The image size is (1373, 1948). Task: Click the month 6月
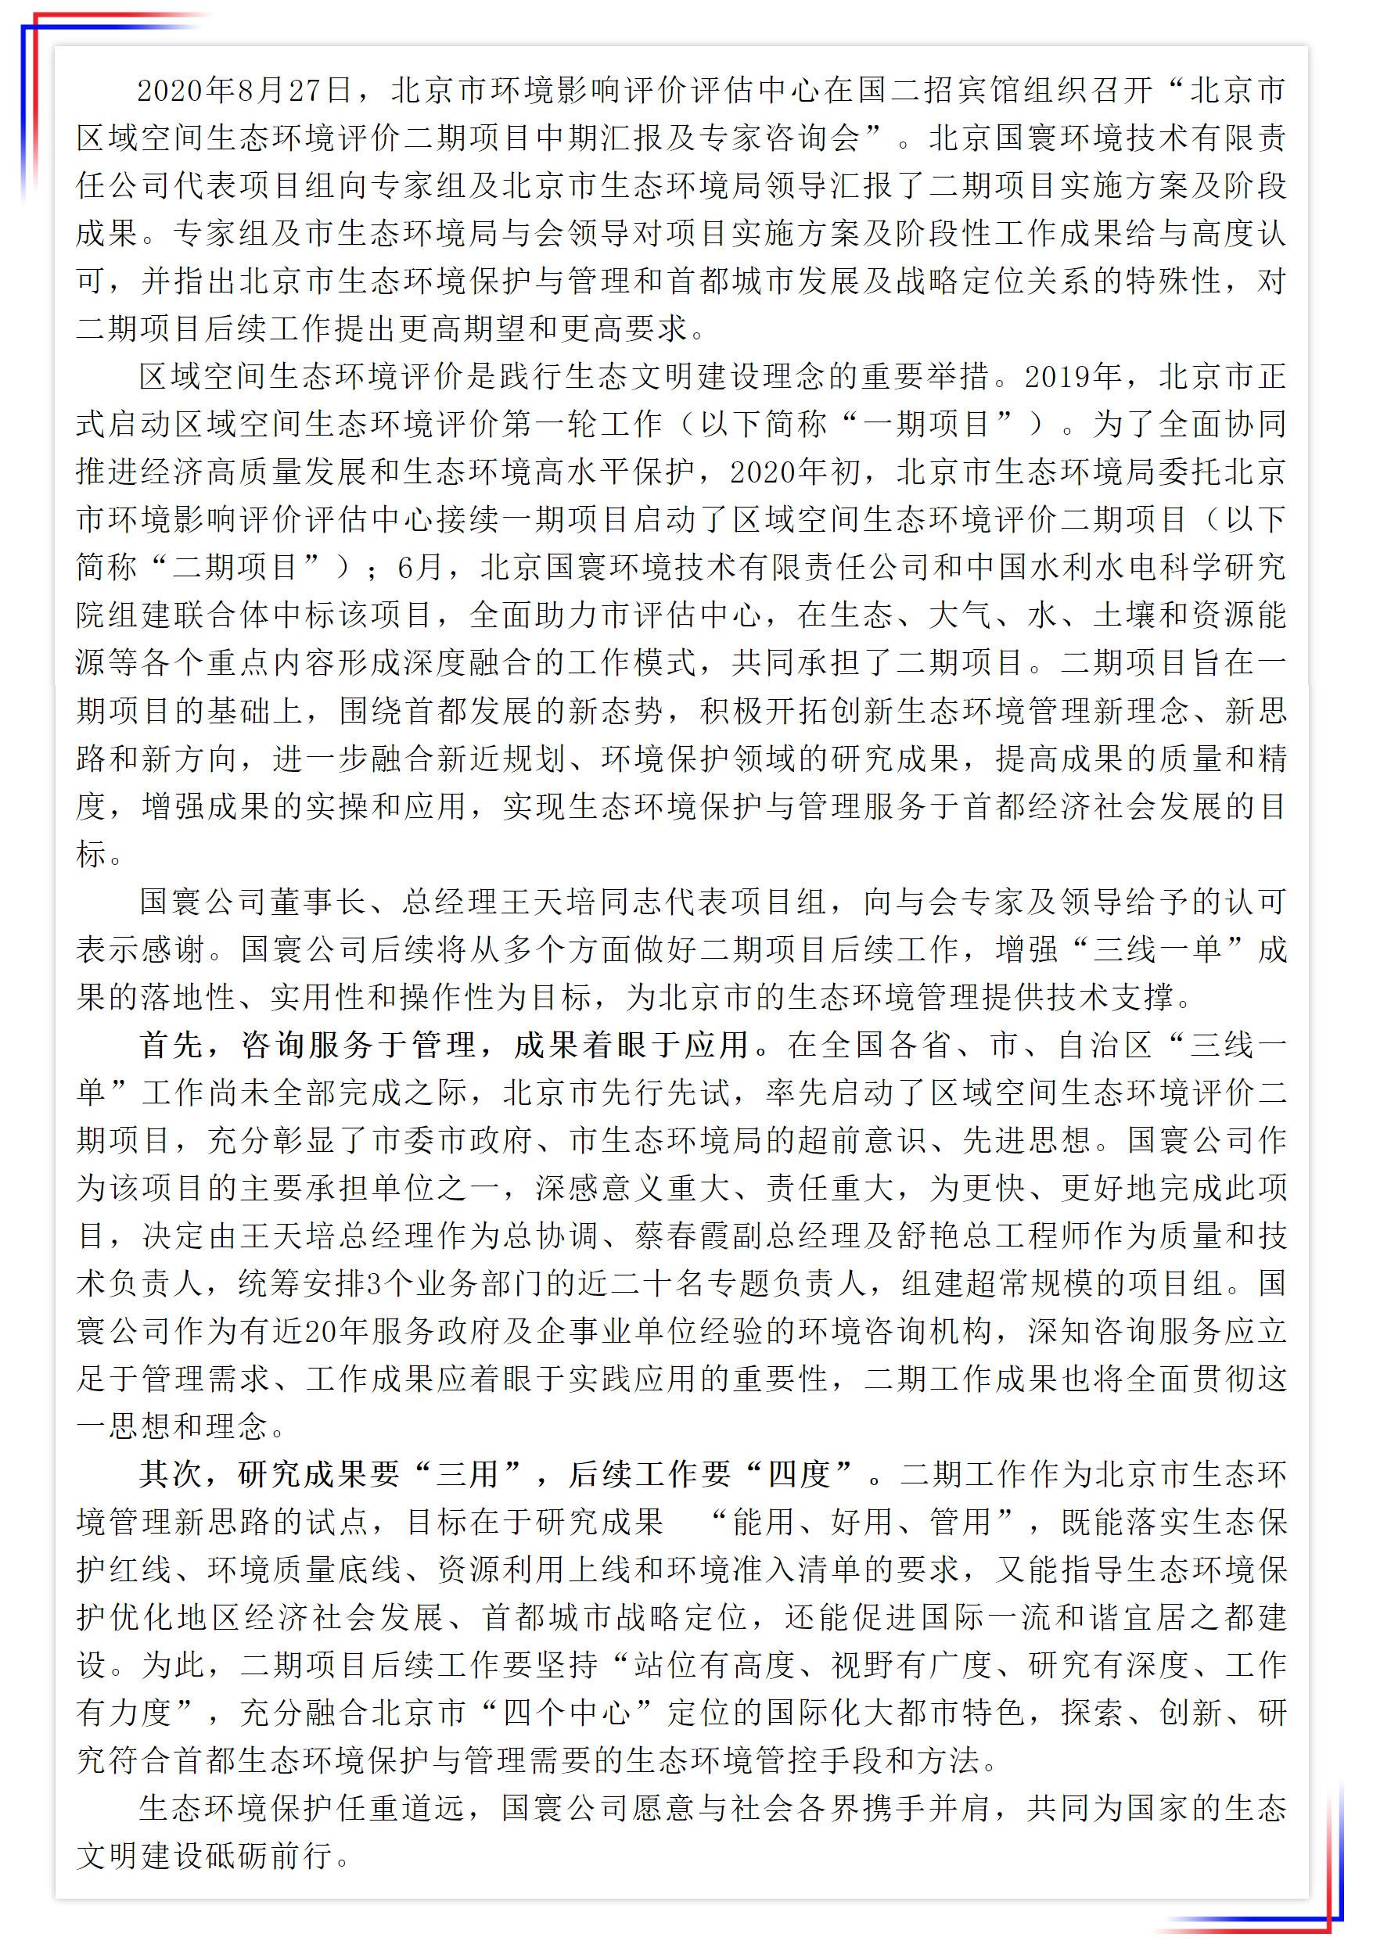coord(420,568)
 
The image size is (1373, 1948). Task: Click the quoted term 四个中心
coord(567,1713)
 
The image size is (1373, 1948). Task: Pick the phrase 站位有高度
coord(713,1666)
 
